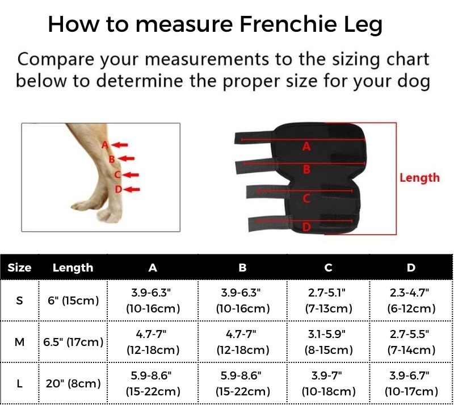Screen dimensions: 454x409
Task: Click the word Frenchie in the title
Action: pos(288,24)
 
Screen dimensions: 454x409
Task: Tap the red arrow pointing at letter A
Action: pos(119,145)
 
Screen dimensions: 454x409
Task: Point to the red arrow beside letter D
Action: pos(132,190)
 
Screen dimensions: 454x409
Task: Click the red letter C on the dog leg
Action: pos(117,175)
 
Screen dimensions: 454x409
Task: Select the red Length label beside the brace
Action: pos(419,178)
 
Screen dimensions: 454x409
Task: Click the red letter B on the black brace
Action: pos(306,169)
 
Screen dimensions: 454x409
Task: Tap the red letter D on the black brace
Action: pos(306,227)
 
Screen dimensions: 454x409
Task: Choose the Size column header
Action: pos(19,268)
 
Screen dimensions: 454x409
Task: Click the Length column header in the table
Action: pos(73,268)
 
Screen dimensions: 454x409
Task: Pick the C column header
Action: pos(328,268)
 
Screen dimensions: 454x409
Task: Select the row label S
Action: pos(19,301)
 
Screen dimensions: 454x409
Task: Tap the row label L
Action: pos(19,384)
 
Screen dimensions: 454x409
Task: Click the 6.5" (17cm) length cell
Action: pos(73,343)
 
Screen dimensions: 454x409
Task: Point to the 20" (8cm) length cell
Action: pos(73,384)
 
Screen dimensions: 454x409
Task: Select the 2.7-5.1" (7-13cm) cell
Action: pos(329,301)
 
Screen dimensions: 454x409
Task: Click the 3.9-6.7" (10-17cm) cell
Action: pos(411,384)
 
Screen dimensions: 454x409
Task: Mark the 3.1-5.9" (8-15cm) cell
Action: pos(329,343)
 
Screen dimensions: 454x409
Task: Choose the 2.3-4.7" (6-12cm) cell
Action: pos(411,301)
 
